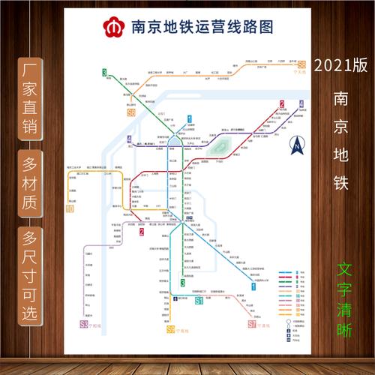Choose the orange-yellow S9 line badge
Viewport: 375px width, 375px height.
pos(171,328)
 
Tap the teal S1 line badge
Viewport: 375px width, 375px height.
pos(199,301)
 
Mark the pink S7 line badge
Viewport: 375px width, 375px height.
pos(252,325)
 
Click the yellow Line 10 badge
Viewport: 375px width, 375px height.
pos(70,208)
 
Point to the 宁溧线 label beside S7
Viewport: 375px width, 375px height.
pos(265,325)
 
